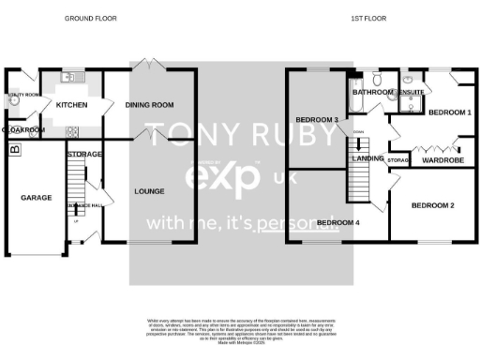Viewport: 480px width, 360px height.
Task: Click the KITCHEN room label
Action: click(71, 105)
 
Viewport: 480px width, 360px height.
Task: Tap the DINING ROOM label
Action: click(150, 105)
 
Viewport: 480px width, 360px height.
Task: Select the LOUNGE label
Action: click(150, 191)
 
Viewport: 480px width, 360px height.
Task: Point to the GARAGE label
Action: click(36, 198)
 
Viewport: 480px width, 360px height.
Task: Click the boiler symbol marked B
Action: click(13, 149)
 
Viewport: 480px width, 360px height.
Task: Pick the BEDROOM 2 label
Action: click(433, 205)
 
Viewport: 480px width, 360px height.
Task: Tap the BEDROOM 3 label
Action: click(316, 120)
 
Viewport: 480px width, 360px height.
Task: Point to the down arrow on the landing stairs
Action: click(357, 142)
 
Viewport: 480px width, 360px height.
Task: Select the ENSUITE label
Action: click(411, 93)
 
